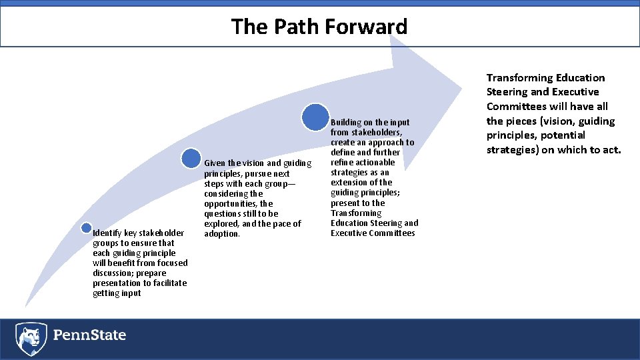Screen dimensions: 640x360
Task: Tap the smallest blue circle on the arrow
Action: (x=85, y=227)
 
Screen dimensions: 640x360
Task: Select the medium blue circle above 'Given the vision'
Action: (x=191, y=158)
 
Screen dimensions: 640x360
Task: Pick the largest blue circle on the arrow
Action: (x=315, y=117)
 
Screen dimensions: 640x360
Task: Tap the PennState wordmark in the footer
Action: (x=89, y=335)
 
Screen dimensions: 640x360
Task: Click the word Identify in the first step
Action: (x=107, y=233)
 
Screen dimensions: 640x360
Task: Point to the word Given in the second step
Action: (x=215, y=163)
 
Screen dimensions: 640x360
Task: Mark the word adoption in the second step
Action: (x=221, y=234)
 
